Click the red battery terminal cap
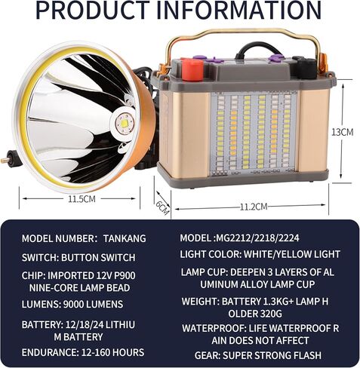point(192,69)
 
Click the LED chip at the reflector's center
point(125,124)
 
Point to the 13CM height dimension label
point(343,132)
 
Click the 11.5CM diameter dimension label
point(82,199)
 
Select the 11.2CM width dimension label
point(254,207)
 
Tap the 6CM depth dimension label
point(162,207)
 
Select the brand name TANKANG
point(125,238)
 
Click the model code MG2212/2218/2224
point(257,238)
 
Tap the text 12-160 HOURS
point(112,352)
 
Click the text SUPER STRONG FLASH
point(272,355)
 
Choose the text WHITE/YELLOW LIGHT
point(292,254)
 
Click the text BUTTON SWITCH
point(98,257)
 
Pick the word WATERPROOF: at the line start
point(214,328)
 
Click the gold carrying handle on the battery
point(242,33)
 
